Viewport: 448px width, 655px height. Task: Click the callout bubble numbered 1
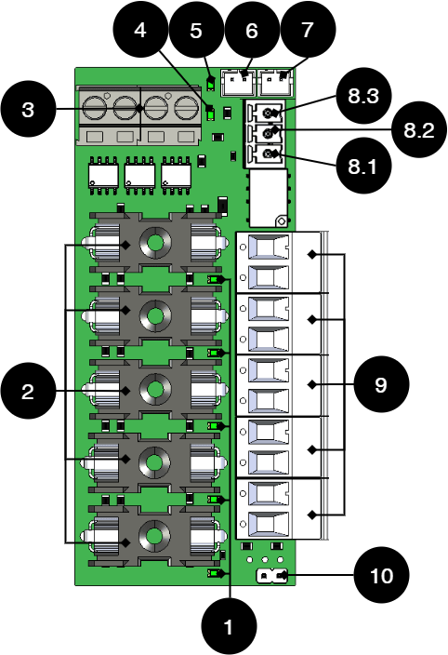coord(229,626)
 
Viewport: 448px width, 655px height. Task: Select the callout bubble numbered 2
coord(28,391)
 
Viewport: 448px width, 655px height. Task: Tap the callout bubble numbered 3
coord(28,110)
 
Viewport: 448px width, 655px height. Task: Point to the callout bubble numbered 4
coord(140,30)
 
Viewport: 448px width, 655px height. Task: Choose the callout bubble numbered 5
coord(196,30)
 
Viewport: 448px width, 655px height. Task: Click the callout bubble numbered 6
coord(252,30)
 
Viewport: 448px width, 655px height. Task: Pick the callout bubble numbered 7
coord(308,30)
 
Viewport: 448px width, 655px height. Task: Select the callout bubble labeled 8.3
coord(363,96)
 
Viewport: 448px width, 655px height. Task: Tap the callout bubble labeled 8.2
coord(419,130)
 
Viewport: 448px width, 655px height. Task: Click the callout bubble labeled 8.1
coord(363,166)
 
